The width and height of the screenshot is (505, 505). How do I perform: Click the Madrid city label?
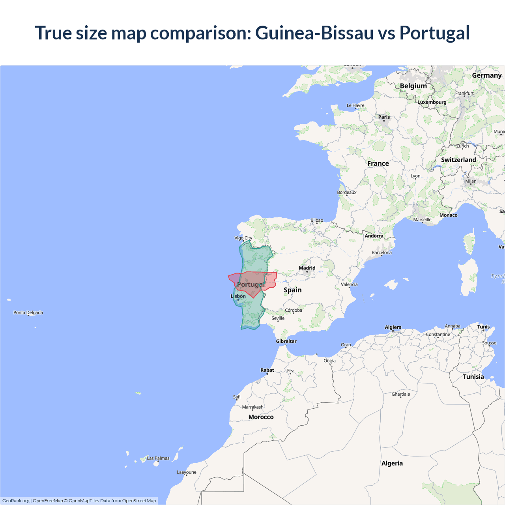click(x=307, y=268)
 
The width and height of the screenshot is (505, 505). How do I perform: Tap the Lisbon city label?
click(x=238, y=296)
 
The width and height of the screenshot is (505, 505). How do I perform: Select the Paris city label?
click(x=384, y=117)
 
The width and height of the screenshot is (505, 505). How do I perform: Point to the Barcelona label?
click(x=382, y=252)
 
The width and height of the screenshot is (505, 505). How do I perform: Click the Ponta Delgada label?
click(x=28, y=312)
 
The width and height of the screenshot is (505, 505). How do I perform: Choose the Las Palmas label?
click(x=158, y=458)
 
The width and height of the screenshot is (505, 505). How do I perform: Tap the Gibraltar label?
click(x=286, y=341)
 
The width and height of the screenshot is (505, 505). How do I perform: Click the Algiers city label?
click(x=393, y=327)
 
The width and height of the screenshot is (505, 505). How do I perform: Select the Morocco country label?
click(x=261, y=417)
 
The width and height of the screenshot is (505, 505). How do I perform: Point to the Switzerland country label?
click(x=458, y=160)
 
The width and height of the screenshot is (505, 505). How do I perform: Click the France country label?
click(x=378, y=163)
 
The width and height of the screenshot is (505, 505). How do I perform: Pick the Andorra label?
click(x=374, y=236)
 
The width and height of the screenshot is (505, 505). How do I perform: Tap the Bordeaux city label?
click(x=347, y=193)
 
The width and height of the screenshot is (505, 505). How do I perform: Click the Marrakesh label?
click(x=252, y=407)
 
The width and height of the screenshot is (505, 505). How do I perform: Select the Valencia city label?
click(x=349, y=284)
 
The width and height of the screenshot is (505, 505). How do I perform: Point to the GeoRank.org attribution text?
click(x=16, y=501)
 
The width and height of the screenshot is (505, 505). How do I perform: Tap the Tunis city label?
click(x=483, y=327)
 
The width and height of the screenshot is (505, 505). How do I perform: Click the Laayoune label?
click(x=187, y=472)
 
